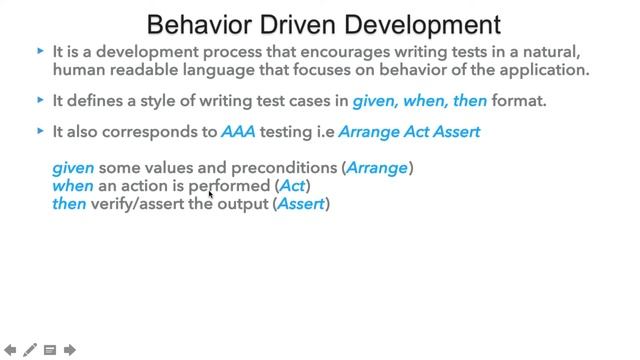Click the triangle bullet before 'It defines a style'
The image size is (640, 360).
tap(40, 100)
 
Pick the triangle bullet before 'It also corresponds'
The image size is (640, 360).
tap(40, 131)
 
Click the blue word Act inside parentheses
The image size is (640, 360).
tap(293, 186)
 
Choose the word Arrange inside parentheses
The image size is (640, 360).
tap(377, 168)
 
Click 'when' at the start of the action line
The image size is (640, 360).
tap(72, 186)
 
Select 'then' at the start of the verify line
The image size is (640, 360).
tap(69, 204)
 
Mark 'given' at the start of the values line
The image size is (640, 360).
tap(73, 168)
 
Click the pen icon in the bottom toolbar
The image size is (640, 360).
tap(30, 350)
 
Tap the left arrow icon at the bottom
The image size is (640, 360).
tap(9, 350)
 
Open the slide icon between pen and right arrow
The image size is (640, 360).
tap(50, 350)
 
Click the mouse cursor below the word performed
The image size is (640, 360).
tap(212, 195)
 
